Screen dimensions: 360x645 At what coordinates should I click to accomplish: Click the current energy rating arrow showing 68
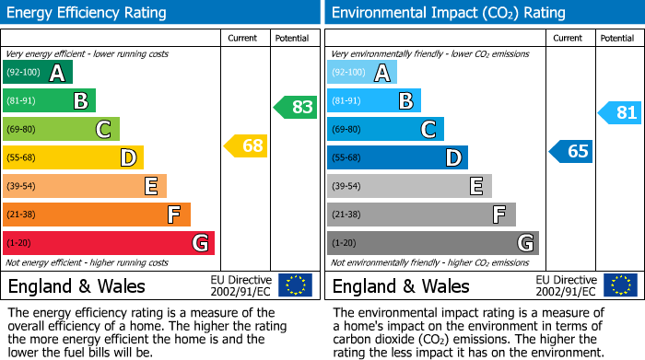246,145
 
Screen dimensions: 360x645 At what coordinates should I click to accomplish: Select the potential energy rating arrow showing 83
296,107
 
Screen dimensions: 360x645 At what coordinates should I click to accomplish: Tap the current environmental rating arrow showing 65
570,151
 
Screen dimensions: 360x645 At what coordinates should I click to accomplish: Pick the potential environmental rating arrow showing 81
620,113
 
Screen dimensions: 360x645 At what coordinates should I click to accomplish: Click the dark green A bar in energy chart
38,73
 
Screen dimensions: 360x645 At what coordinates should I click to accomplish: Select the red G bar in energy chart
109,243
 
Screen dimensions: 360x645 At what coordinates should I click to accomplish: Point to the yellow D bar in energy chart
73,158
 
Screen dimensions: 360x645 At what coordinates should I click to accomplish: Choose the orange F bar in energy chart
97,215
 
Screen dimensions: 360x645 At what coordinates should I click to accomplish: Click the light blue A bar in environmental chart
362,73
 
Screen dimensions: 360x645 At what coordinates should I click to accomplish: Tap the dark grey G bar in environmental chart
432,243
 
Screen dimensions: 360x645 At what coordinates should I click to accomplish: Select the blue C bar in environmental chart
385,130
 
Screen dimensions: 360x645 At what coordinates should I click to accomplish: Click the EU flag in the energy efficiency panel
295,285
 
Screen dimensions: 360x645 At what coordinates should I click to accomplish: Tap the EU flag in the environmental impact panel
619,285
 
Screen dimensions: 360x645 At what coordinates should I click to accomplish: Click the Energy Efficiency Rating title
88,13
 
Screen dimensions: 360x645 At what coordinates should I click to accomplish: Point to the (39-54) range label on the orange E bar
22,187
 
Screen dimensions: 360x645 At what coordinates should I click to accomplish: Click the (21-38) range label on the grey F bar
346,215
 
